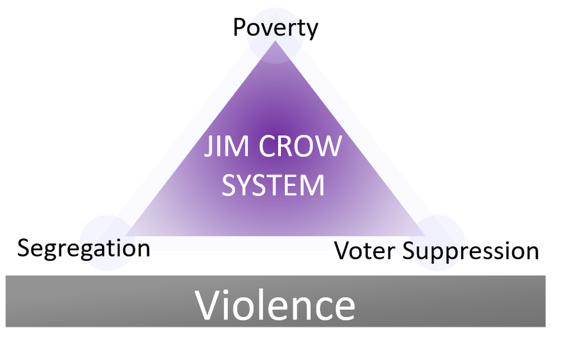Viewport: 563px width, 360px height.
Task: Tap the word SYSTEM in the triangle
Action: pos(273,185)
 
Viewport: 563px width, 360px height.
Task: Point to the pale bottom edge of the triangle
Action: pos(270,243)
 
